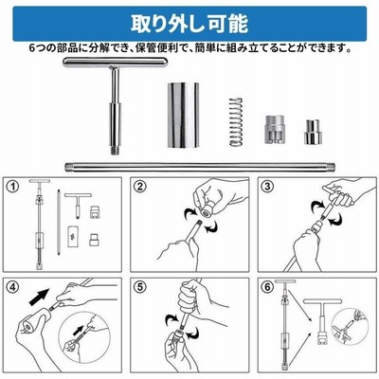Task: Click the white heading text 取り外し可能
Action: pos(189,24)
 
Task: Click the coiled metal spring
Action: pos(236,122)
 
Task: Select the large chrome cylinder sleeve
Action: pos(183,116)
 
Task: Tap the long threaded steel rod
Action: pos(200,167)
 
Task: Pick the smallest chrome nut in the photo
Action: pos(313,132)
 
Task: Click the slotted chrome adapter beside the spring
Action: pos(275,130)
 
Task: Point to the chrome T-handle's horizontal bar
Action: pos(115,63)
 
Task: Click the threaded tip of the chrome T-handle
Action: pos(116,149)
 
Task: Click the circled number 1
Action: pos(13,187)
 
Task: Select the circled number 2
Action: pos(140,187)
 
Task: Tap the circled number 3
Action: pos(267,187)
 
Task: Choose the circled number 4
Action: pos(13,287)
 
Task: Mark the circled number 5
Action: pos(140,287)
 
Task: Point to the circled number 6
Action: pos(267,287)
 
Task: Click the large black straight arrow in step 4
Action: pos(40,297)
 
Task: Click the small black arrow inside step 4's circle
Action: pos(78,330)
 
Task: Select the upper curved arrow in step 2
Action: pos(189,212)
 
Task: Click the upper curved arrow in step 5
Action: pos(171,319)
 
